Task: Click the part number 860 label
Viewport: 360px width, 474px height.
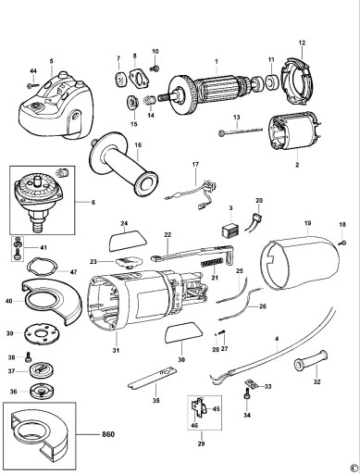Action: point(108,434)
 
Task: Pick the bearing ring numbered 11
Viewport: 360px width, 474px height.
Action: point(271,82)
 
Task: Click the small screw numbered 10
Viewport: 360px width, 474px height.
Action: point(155,68)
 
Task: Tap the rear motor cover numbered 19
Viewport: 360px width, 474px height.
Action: point(299,263)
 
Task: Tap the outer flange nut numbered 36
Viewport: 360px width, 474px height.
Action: point(42,392)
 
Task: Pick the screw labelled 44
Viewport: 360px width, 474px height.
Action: point(33,85)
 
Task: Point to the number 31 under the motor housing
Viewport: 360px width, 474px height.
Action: point(116,351)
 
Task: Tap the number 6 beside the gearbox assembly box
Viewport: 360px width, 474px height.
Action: point(93,203)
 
